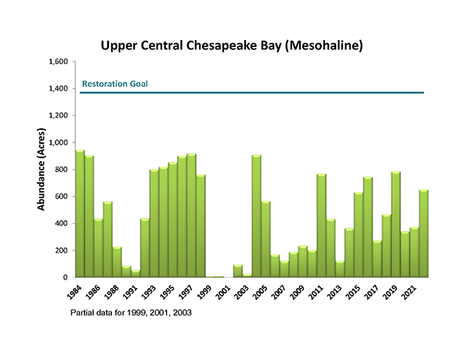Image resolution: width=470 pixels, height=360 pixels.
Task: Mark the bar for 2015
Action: (x=358, y=235)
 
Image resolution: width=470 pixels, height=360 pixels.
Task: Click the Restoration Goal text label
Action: (x=114, y=84)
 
